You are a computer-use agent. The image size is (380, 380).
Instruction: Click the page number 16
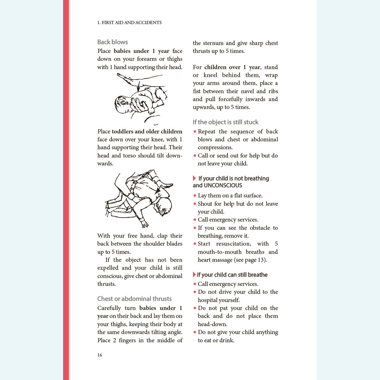coord(100,355)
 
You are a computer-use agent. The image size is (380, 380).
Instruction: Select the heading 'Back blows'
coord(113,42)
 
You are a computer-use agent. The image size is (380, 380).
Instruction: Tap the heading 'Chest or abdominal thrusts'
coord(134,299)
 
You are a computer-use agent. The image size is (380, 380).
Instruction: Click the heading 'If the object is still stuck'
coord(225,122)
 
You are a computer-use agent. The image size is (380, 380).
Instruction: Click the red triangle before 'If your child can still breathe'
coord(194,275)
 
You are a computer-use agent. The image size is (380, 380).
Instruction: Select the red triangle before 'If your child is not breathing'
coord(194,178)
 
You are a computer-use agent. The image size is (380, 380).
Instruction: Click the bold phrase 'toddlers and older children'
coord(147,132)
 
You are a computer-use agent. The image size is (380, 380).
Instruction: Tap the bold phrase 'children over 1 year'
coord(232,67)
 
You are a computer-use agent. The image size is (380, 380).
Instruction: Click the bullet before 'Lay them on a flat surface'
coord(195,196)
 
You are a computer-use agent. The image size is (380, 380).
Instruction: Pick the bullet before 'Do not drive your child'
coord(195,292)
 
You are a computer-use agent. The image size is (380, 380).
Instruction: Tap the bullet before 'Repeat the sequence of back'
coord(195,132)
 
